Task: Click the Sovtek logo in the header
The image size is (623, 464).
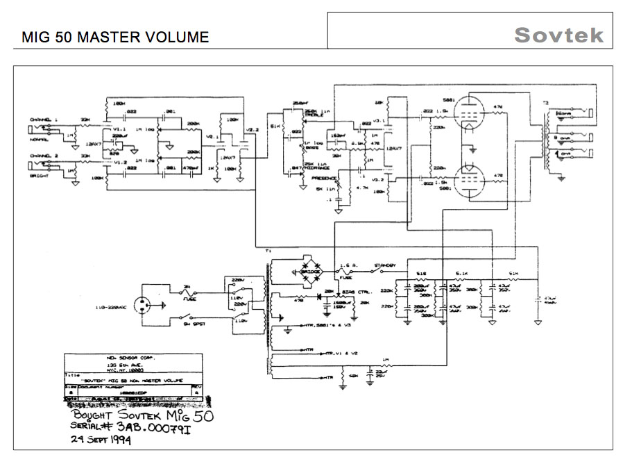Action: pyautogui.click(x=558, y=35)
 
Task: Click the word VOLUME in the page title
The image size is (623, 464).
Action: pyautogui.click(x=176, y=38)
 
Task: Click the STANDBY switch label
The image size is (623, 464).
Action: pyautogui.click(x=385, y=265)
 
